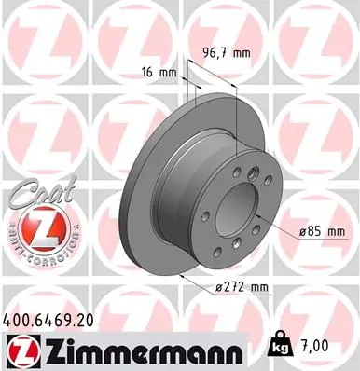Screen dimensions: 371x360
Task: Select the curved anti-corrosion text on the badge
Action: (x=33, y=249)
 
